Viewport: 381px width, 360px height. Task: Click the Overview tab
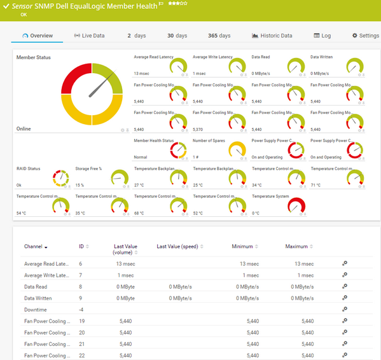tap(37, 36)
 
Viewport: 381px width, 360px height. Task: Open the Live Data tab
tap(89, 36)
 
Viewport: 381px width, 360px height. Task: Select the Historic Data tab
tap(272, 36)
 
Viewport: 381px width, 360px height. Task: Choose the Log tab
tap(322, 36)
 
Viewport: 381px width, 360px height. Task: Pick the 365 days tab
tap(219, 36)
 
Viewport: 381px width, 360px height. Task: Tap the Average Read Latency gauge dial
tap(179, 66)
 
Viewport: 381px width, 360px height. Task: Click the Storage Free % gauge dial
tap(120, 178)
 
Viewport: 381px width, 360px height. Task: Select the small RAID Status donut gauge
tap(60, 178)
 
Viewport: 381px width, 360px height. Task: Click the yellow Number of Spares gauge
tap(237, 150)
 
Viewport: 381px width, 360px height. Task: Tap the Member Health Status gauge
tap(179, 150)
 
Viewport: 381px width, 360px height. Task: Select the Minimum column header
tap(243, 246)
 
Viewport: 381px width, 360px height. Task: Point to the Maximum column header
tap(296, 246)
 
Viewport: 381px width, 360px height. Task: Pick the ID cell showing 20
tap(81, 332)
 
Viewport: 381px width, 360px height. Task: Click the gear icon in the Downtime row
tap(345, 308)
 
